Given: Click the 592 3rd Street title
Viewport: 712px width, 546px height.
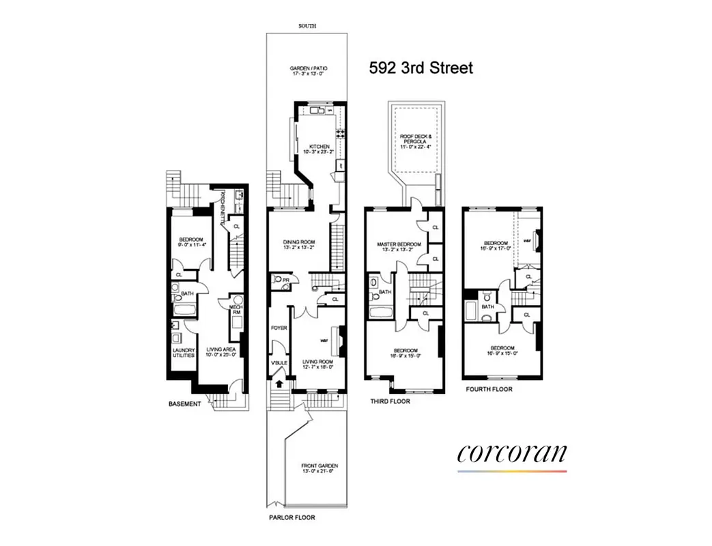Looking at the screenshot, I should pos(421,68).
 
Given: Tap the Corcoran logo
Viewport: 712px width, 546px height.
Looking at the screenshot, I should pos(512,454).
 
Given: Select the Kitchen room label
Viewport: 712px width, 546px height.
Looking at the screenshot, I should pos(319,147).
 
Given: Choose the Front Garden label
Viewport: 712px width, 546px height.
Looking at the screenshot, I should pos(319,467).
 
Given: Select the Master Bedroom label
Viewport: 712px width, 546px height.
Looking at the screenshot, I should pos(399,244).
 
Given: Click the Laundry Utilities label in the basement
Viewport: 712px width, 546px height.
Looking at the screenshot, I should pos(183,352).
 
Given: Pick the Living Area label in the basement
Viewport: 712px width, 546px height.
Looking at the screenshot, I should pos(220,350).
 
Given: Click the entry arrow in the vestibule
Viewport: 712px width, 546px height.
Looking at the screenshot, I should pos(279,384).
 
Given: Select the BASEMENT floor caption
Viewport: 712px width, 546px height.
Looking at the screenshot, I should pos(184,404).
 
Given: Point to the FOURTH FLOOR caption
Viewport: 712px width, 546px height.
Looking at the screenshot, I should pos(489,389).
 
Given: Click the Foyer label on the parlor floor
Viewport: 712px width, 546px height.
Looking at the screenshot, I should pos(279,328).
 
